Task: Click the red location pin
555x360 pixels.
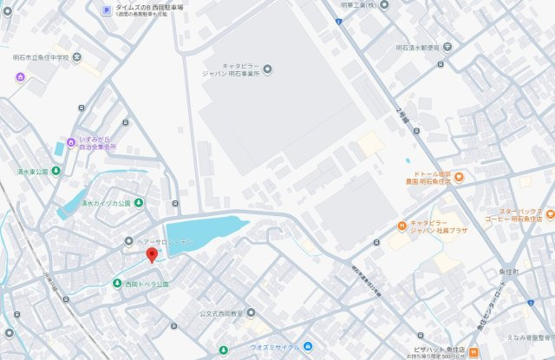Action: [151, 254]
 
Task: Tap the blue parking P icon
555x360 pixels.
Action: [106, 10]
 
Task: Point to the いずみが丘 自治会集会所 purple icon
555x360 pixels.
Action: [71, 142]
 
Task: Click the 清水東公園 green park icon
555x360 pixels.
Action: [56, 171]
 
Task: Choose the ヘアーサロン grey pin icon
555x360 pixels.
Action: [128, 241]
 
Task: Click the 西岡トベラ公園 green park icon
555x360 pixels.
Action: [118, 284]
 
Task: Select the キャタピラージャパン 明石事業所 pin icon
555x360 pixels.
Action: [267, 68]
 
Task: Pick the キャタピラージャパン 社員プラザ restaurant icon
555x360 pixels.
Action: [402, 226]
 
